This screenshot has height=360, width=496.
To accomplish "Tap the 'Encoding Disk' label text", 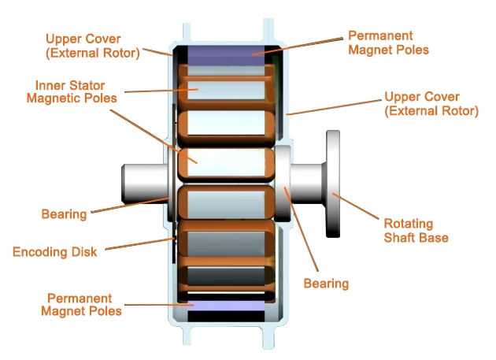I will click(x=54, y=252).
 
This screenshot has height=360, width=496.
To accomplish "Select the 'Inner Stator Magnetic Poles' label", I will click(x=72, y=91).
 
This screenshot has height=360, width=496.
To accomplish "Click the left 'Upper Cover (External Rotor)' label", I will click(x=93, y=45).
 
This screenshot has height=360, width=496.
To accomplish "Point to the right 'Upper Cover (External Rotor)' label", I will click(x=430, y=103).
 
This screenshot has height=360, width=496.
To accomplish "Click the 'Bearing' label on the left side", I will click(x=64, y=213).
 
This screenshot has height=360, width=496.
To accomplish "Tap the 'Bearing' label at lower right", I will click(x=326, y=283).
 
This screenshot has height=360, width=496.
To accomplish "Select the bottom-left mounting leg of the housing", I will click(x=187, y=335).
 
